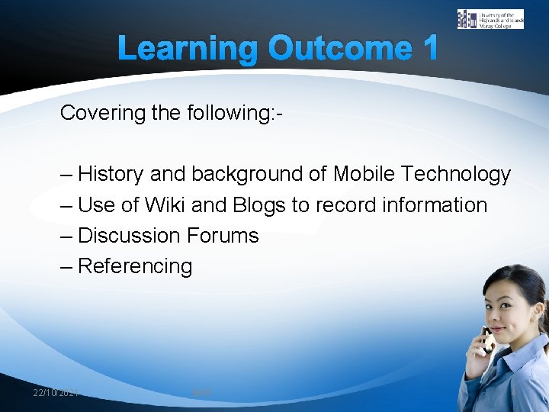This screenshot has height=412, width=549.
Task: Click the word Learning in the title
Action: [188, 49]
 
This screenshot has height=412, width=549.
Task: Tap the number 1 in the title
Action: [429, 49]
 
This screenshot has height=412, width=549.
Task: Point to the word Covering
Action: [102, 113]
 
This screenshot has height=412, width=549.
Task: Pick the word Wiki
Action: [164, 205]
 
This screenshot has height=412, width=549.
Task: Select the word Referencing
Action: [135, 266]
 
